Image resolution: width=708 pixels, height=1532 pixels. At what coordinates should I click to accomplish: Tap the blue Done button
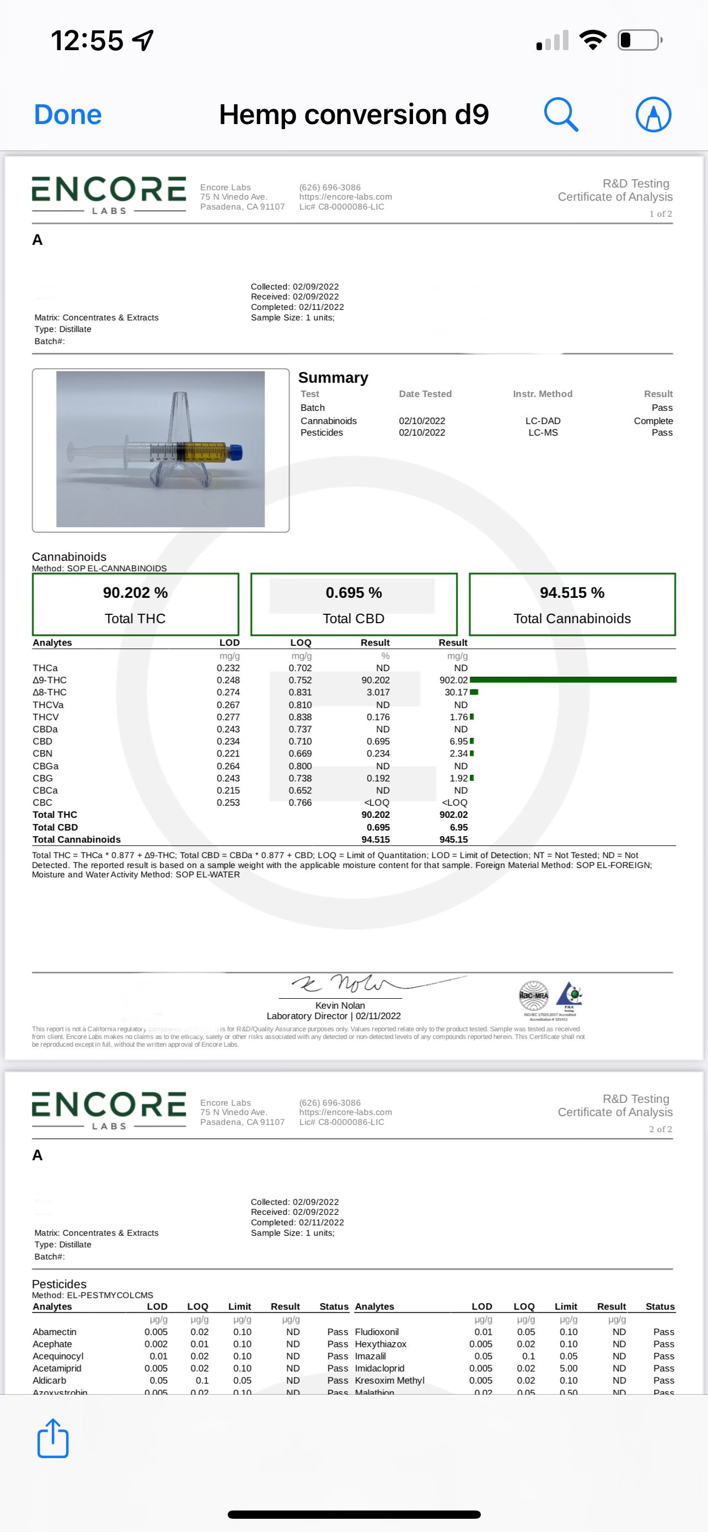click(x=68, y=115)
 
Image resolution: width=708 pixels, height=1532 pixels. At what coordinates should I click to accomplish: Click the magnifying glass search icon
click(x=561, y=114)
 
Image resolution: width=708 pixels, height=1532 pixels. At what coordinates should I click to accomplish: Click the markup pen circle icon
click(x=653, y=114)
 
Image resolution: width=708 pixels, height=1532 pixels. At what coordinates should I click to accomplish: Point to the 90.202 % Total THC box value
click(x=135, y=592)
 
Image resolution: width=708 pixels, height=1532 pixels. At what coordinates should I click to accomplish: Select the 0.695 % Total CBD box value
click(x=353, y=592)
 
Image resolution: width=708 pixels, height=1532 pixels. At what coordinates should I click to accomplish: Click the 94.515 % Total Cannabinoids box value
click(x=572, y=592)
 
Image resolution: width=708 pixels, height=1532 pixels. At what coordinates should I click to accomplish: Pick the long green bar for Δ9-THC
click(x=572, y=680)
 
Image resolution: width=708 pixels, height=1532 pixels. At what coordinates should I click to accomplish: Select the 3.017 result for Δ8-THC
click(x=378, y=692)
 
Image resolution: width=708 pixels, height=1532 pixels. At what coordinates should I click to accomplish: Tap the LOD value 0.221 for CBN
click(x=228, y=753)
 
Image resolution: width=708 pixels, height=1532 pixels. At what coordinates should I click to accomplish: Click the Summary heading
click(x=333, y=378)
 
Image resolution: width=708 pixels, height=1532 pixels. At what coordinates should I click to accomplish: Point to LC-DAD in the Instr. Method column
click(x=543, y=420)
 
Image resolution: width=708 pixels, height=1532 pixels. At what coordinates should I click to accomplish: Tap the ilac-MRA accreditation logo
click(x=534, y=994)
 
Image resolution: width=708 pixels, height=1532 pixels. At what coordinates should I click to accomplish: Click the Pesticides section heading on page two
click(x=59, y=1284)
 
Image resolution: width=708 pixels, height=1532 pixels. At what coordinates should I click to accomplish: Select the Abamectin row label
click(x=55, y=1332)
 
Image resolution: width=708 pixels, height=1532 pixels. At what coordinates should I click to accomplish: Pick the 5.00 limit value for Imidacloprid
click(x=568, y=1368)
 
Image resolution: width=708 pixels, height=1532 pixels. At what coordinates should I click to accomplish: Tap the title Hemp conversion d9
click(x=353, y=114)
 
